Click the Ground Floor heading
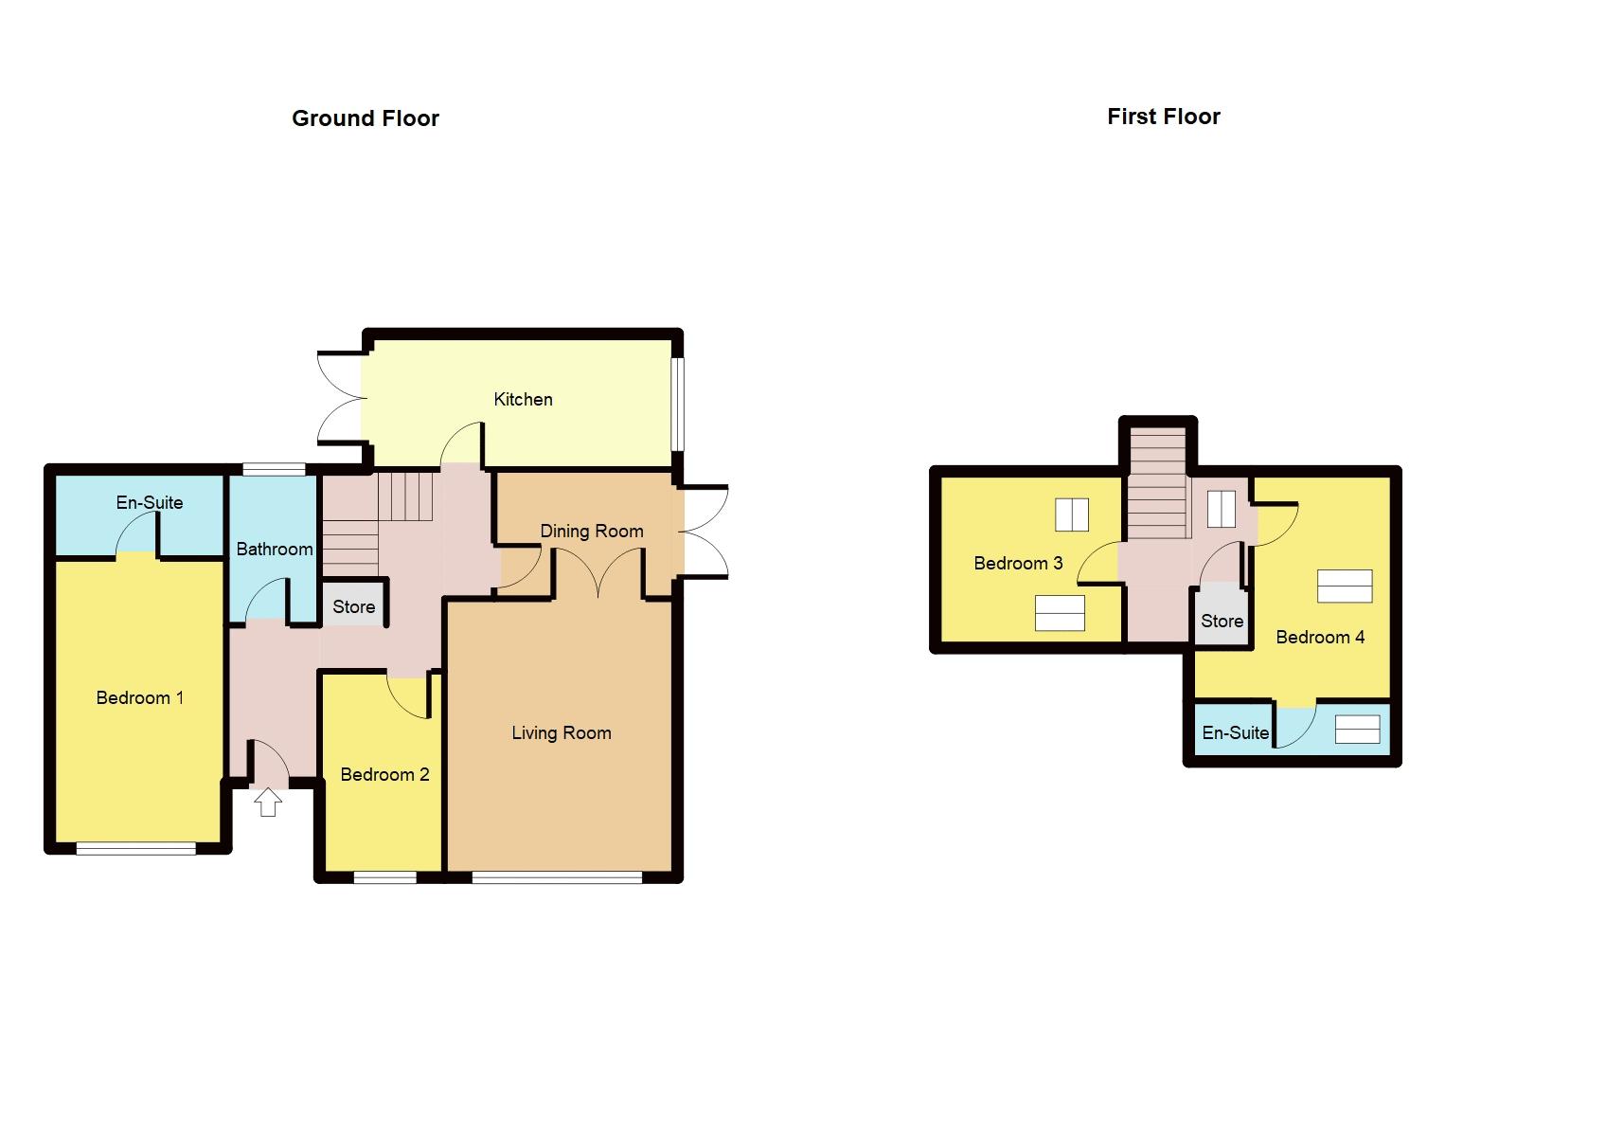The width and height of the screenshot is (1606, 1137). point(365,118)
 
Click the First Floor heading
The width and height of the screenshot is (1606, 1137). point(1163,117)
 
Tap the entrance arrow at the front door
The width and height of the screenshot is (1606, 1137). point(269,803)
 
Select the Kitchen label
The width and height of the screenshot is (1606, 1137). point(523,399)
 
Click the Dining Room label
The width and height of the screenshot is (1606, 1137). point(591,531)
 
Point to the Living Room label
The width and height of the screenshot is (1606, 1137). point(561,732)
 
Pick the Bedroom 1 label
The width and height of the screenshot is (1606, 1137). point(139,697)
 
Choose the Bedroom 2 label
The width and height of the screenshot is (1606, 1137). point(384,774)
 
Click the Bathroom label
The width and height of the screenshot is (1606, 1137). point(274,549)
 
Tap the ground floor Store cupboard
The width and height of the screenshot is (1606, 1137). point(353,606)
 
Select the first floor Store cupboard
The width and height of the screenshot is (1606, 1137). point(1222,621)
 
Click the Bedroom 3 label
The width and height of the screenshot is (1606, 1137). point(1018,563)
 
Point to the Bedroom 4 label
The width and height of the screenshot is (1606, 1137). point(1320,637)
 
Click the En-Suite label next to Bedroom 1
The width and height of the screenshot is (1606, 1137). point(149,502)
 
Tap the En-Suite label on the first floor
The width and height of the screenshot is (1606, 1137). point(1235,732)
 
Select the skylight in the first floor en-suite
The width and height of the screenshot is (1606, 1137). point(1357,730)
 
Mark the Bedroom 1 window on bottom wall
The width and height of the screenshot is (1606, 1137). point(135,849)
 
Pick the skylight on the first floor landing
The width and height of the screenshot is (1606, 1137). point(1221,509)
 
